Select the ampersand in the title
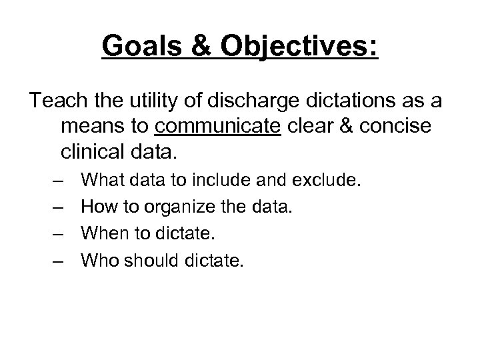[x=193, y=47]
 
